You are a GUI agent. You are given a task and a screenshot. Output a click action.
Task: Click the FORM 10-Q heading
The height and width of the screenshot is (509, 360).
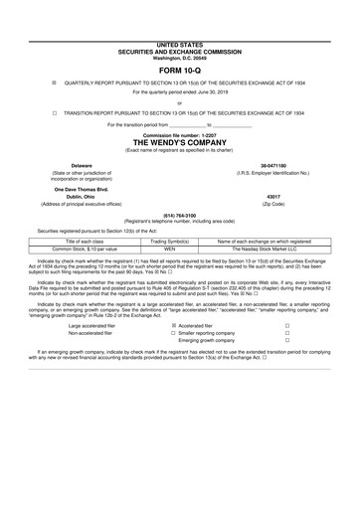(179, 44)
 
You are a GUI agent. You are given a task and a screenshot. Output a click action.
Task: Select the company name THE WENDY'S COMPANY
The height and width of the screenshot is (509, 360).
(179, 141)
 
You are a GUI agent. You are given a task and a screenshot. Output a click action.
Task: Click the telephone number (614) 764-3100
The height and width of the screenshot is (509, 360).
(179, 216)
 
